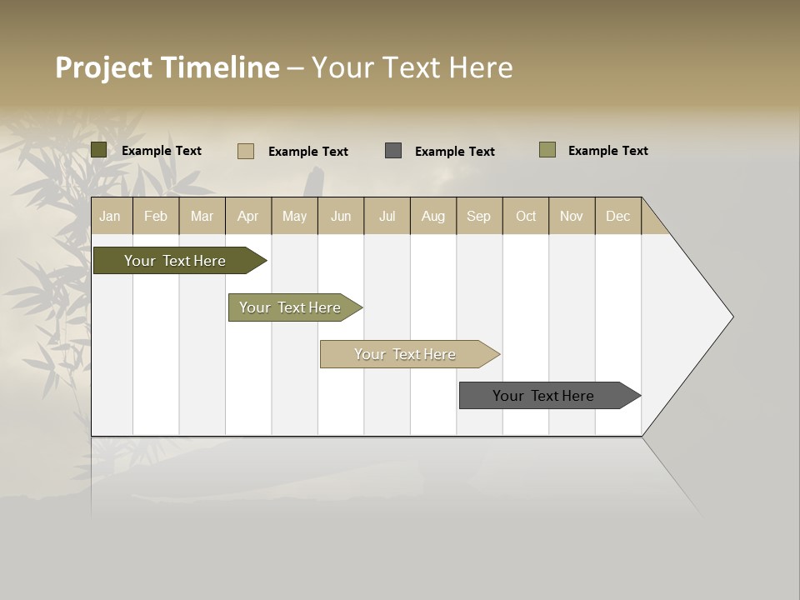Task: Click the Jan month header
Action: [x=110, y=217]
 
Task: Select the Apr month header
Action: [x=247, y=217]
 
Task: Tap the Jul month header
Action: [x=387, y=217]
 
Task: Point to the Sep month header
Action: [x=478, y=217]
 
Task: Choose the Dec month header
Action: [x=617, y=217]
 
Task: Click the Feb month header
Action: [x=156, y=217]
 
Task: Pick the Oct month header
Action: [x=526, y=217]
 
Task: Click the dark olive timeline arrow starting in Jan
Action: [x=175, y=261]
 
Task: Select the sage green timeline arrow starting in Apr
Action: [x=290, y=307]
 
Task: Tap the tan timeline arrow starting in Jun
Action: [x=405, y=354]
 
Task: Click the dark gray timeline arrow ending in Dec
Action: [x=543, y=396]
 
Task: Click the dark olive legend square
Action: [x=98, y=150]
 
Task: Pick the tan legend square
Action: [x=246, y=151]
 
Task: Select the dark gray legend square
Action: [x=393, y=150]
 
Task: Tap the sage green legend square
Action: [x=547, y=150]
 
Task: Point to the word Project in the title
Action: [x=103, y=67]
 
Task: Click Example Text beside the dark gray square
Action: [x=454, y=152]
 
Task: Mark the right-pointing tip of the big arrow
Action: [x=731, y=317]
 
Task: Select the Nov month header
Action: [x=572, y=217]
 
